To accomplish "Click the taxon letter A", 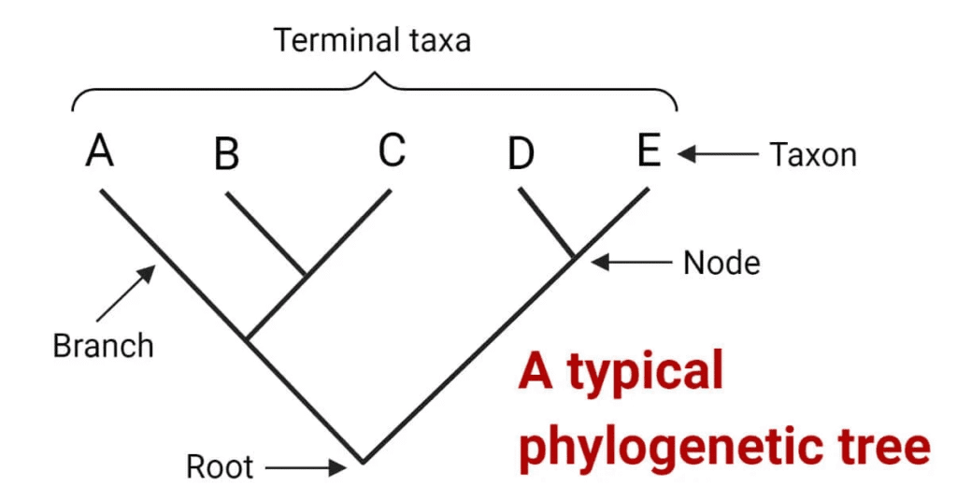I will coord(100,150).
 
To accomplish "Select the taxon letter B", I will coord(226,154).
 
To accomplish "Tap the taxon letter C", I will coord(393,150).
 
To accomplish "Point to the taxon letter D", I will coord(521,154).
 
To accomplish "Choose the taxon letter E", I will coord(649,150).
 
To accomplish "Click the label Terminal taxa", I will coord(372,40).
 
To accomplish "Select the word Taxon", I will coord(812,154).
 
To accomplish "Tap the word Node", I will coord(721,264).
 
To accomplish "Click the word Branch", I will coord(103,346).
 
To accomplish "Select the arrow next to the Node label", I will coord(632,263).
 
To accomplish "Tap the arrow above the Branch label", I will coord(134,291).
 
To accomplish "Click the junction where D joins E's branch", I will coord(573,255).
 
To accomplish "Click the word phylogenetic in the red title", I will coord(676,447).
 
